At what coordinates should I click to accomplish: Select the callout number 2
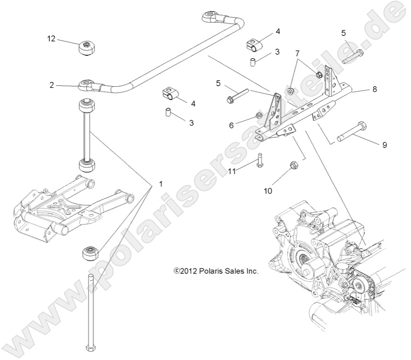point(52,85)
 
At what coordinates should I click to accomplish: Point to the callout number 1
point(161,184)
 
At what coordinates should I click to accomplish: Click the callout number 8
point(375,89)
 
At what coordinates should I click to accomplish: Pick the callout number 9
point(384,145)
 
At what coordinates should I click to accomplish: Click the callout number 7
point(297,53)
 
